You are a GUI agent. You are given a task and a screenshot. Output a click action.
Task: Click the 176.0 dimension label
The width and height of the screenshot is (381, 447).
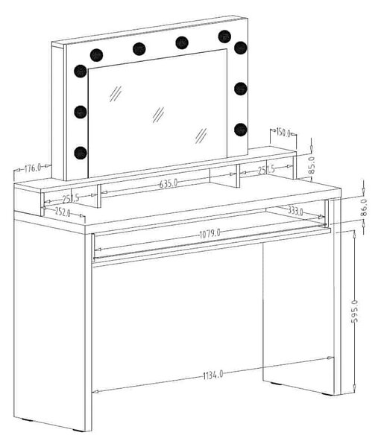point(33,168)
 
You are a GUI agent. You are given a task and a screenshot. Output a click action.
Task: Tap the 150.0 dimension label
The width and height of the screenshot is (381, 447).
point(283,133)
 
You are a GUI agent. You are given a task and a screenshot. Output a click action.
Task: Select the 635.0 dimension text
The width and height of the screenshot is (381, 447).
point(169,183)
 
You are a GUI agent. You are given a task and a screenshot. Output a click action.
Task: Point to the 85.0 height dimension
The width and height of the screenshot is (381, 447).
point(312,165)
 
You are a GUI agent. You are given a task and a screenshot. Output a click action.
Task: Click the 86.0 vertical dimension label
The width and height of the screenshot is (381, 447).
point(364,208)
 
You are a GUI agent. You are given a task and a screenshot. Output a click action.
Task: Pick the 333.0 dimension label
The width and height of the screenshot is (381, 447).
point(295,212)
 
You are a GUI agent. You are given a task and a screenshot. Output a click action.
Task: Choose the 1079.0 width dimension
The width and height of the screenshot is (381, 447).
point(210,234)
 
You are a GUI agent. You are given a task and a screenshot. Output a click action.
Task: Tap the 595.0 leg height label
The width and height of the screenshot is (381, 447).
point(354,311)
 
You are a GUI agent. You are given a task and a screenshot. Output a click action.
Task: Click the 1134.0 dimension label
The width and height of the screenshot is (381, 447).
point(213,375)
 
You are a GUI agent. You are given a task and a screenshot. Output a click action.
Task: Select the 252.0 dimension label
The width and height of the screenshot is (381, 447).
point(63,212)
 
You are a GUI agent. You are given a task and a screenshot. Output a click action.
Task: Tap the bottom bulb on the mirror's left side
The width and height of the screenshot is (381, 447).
point(81,153)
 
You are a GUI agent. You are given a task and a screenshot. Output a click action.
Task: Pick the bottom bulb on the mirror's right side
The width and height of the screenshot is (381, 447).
point(241,130)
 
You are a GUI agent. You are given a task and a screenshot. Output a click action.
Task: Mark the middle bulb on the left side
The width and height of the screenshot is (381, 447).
point(81,112)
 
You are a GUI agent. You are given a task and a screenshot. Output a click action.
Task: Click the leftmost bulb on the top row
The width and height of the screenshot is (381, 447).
point(96,55)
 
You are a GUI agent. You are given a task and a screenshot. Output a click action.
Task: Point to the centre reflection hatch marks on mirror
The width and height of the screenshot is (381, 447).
point(158,115)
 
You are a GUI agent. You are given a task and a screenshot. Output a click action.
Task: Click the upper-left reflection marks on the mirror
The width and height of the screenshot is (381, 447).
point(116,94)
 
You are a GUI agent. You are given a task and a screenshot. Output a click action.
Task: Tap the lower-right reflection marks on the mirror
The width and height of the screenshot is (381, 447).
point(201,136)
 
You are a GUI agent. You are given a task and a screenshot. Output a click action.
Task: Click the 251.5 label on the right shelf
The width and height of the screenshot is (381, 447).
point(266,170)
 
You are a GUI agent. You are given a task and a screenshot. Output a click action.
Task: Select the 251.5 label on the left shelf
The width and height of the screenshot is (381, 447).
point(71,198)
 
